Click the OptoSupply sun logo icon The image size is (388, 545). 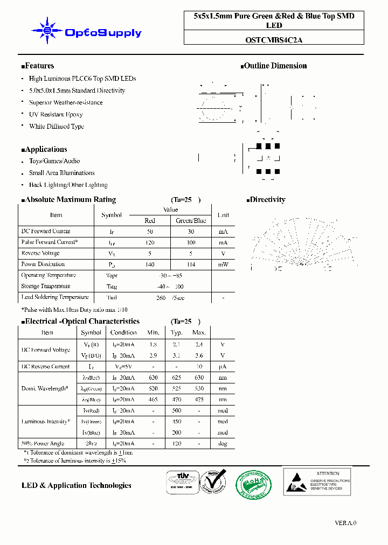(47, 31)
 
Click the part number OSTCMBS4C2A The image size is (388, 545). (274, 39)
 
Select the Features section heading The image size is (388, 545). (38, 66)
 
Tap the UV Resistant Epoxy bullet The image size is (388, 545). (56, 114)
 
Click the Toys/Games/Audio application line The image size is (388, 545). (54, 161)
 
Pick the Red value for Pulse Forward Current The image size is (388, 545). (150, 242)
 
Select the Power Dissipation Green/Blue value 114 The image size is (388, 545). (191, 264)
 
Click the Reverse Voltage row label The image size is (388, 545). (40, 253)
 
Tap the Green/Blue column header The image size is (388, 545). (191, 220)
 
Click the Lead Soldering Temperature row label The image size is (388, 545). (54, 297)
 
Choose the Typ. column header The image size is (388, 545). (176, 332)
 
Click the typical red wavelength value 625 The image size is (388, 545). (176, 378)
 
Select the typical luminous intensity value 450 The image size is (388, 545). (176, 422)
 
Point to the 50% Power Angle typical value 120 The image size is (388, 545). (176, 444)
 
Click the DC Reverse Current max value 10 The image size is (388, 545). (199, 367)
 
